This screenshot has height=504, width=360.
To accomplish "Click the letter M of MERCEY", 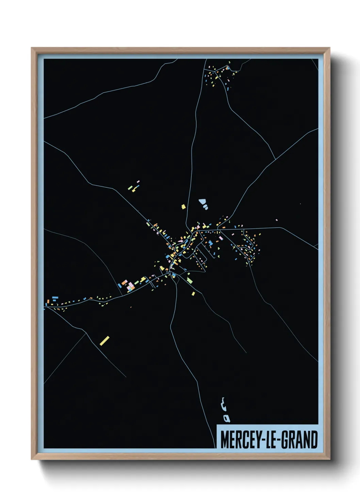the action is coord(225,440).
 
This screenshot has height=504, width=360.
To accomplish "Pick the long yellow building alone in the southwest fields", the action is coord(104,341).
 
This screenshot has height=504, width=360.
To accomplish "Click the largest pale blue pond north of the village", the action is coord(203,201).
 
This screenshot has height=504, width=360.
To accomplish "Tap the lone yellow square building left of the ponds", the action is coord(183,206).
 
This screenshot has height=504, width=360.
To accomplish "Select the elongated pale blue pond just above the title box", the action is coord(224,404).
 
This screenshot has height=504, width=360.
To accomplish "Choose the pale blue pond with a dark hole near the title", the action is coord(226,418).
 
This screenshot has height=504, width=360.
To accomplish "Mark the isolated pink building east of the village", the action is coord(276,220).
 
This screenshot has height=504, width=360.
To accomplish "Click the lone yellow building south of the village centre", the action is coord(193,294).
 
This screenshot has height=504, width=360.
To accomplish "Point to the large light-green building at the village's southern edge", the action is coord(190,281).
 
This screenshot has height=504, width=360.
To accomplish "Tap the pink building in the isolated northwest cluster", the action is coord(138,182).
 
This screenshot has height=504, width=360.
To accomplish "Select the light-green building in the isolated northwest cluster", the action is coord(130,188).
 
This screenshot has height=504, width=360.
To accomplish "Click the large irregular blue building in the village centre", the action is coord(211,243).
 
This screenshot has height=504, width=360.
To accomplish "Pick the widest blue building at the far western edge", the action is coord(55,298).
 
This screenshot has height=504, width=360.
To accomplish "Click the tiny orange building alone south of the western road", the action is coord(131,307).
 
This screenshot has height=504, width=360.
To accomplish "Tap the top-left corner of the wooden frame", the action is coord(32,48).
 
